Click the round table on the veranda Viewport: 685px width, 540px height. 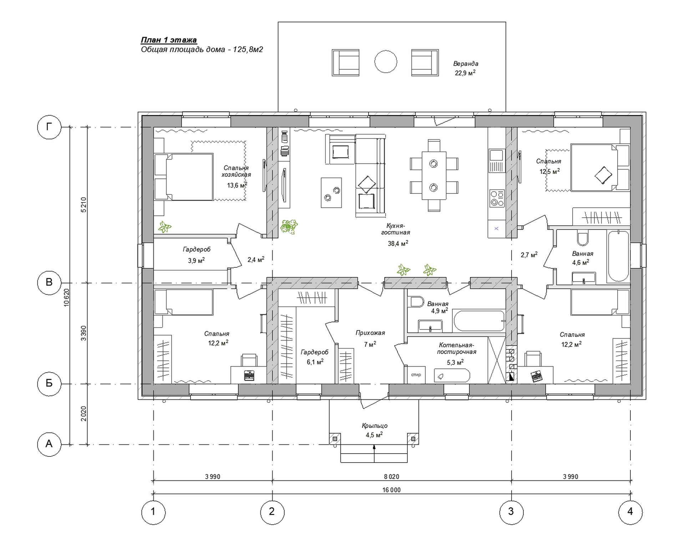click(x=385, y=62)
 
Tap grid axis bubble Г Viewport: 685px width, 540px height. click(x=49, y=127)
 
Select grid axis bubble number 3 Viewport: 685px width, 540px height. click(x=511, y=512)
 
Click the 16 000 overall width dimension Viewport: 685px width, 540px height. click(x=391, y=490)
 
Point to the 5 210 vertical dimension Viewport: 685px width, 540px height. click(x=83, y=205)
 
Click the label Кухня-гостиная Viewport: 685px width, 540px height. click(x=396, y=229)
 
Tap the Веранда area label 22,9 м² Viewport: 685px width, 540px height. click(x=465, y=73)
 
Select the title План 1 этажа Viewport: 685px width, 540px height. click(x=169, y=40)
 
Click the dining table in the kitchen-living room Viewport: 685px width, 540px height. click(x=434, y=176)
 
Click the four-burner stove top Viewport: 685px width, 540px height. click(x=497, y=198)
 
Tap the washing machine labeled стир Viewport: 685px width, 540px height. click(x=416, y=375)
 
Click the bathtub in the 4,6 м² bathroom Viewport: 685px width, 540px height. click(x=618, y=256)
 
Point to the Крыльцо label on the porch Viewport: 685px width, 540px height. click(x=375, y=426)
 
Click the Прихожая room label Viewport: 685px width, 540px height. click(x=370, y=333)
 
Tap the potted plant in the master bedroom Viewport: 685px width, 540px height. click(x=164, y=227)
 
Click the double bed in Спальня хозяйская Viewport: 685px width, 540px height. click(x=184, y=177)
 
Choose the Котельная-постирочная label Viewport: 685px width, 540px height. click(x=457, y=348)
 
